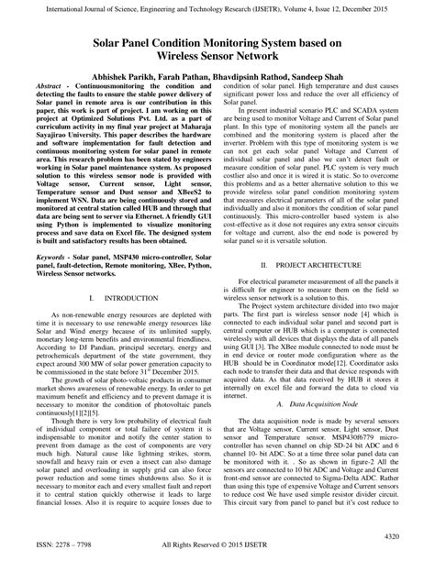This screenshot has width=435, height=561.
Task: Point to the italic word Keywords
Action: pyautogui.click(x=52, y=235)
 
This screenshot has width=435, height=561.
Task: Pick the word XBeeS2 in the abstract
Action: pyautogui.click(x=189, y=184)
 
